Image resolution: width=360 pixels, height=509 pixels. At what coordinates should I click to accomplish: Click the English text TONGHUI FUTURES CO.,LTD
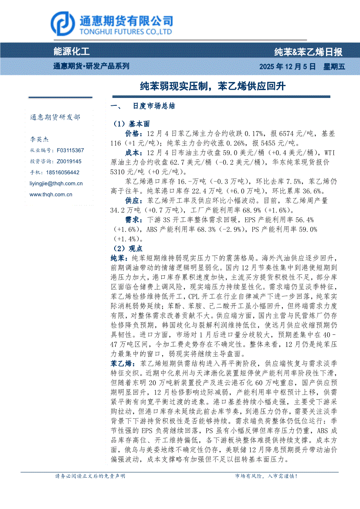point(126,32)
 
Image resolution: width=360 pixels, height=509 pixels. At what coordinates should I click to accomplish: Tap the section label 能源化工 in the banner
point(71,52)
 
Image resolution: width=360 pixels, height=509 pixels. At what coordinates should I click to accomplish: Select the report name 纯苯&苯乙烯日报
point(308,52)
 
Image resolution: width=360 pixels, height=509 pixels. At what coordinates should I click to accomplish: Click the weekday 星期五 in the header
point(334,67)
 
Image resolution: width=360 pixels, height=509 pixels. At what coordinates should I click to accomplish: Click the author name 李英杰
point(39,140)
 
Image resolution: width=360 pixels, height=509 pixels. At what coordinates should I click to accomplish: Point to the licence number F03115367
point(70,150)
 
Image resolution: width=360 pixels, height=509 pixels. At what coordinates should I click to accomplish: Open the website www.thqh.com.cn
point(51,195)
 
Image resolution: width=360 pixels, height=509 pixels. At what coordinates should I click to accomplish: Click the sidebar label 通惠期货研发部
point(55,118)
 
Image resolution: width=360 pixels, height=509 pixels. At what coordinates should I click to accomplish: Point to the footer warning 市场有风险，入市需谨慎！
point(266,476)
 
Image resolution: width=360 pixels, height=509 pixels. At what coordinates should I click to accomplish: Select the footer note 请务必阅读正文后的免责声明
point(90,476)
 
